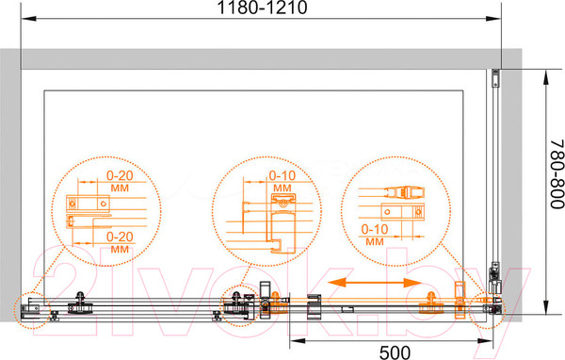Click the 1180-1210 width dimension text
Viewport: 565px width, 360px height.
262,8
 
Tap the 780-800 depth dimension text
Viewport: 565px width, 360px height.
557,173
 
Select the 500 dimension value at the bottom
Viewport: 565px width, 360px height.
395,352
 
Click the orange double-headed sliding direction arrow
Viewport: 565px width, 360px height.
375,283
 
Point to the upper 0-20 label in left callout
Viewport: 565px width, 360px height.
120,175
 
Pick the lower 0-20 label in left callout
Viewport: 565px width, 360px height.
120,237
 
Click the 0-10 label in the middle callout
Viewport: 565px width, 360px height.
282,175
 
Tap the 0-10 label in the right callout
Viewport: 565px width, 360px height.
375,229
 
